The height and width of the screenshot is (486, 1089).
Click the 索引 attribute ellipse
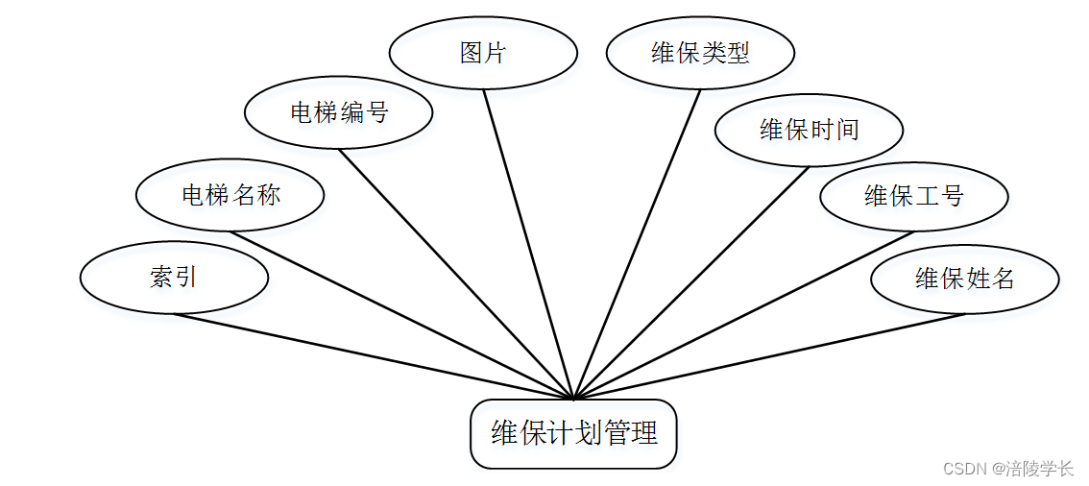pos(174,278)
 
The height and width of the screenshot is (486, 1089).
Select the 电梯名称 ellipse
pos(230,195)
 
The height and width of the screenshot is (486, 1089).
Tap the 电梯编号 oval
pos(338,112)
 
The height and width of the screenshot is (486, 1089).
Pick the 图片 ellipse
pos(483,53)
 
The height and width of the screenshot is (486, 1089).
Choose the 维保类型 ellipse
pos(700,53)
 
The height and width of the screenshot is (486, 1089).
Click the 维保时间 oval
pos(809,130)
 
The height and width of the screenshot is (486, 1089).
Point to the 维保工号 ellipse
pos(913,197)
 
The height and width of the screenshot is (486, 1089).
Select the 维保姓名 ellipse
pos(964,279)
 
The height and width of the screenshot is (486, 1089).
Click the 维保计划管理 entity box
pos(574,434)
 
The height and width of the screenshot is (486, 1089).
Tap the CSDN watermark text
pos(965,469)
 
